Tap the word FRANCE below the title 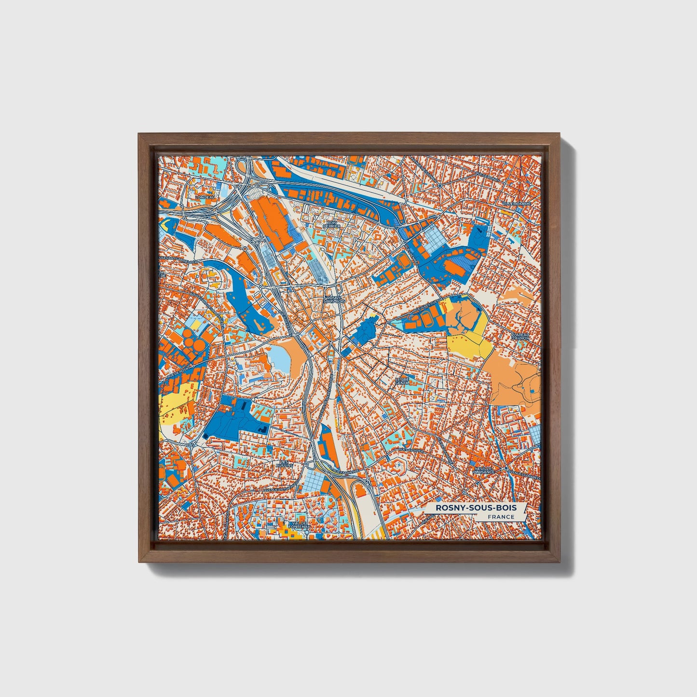tap(500, 517)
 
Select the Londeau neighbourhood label tap(204, 197)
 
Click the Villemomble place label tap(516, 204)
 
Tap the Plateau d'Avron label tap(520, 336)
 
